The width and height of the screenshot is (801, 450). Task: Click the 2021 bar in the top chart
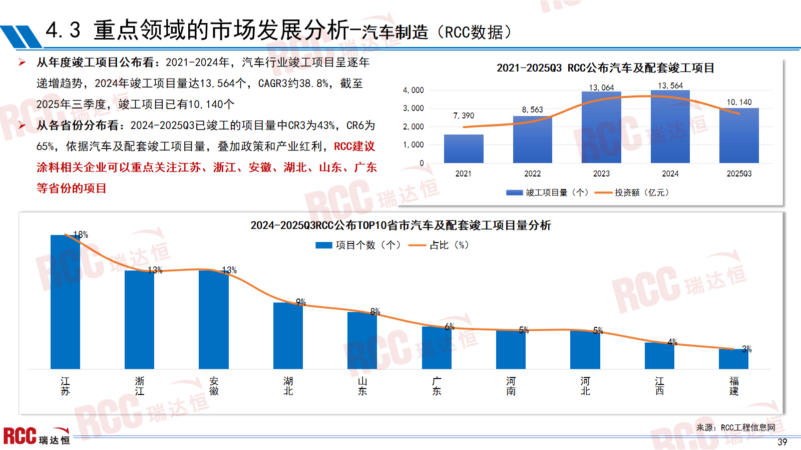[464, 148]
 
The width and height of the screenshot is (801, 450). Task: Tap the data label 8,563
[532, 109]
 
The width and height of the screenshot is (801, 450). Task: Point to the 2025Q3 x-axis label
[739, 173]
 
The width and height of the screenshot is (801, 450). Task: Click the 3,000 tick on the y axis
[414, 108]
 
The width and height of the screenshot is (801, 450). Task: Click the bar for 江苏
[65, 302]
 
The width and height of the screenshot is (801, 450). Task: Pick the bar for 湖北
[288, 335]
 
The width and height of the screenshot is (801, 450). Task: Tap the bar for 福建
[733, 359]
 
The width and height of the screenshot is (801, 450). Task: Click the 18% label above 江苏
[81, 234]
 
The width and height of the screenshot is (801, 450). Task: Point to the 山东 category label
[362, 386]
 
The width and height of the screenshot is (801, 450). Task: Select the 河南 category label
[511, 386]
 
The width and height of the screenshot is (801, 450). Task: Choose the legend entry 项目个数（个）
[358, 245]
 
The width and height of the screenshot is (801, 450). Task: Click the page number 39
[782, 442]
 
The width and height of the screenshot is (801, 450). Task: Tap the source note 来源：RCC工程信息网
[735, 427]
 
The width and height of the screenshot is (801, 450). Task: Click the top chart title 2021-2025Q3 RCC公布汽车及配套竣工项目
[605, 68]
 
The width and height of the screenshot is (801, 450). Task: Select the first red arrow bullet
[22, 62]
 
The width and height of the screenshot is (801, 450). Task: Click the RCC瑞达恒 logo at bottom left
[36, 436]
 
